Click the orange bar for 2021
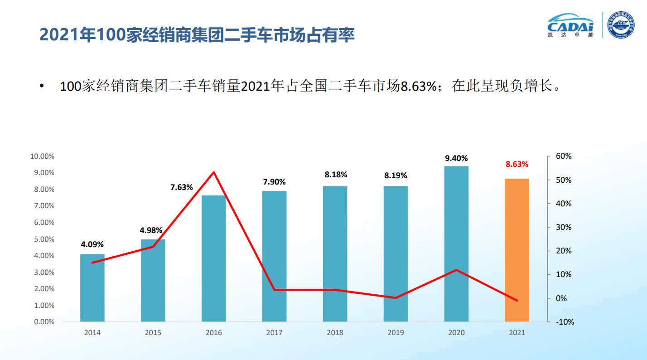517,250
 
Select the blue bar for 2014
92,288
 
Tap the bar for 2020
456,244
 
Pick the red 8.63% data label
517,164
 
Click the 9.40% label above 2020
456,158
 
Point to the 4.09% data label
92,245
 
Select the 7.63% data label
182,187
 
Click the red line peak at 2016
213,172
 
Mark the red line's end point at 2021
517,301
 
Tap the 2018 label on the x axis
335,333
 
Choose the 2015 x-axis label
153,333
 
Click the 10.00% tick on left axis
42,156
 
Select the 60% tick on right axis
564,156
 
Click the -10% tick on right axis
565,322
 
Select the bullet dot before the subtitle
42,86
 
